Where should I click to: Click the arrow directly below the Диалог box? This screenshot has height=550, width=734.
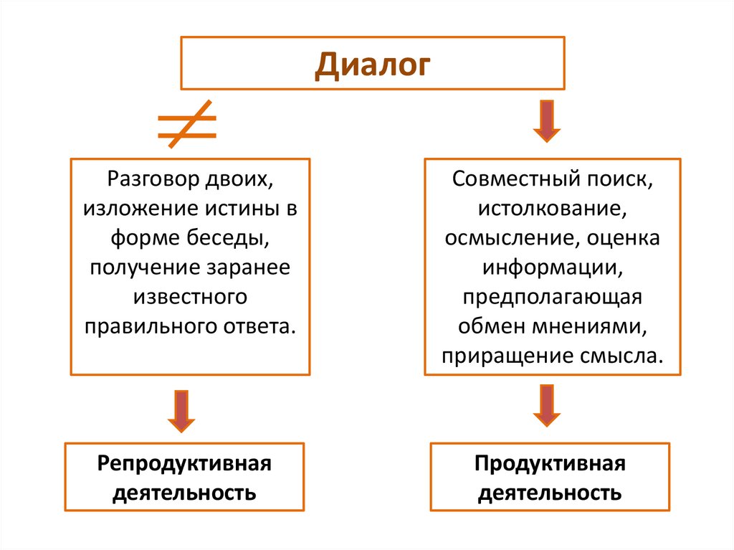point(546,121)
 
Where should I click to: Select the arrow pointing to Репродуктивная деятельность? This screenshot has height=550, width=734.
point(181,410)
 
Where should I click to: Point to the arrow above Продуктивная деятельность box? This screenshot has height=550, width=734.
point(546,406)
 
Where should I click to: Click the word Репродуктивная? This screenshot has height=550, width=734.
point(185,463)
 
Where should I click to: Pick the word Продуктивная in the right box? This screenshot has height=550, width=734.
point(550,463)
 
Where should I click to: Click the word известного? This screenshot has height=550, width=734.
point(190,297)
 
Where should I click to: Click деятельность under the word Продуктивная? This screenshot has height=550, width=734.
point(550,494)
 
